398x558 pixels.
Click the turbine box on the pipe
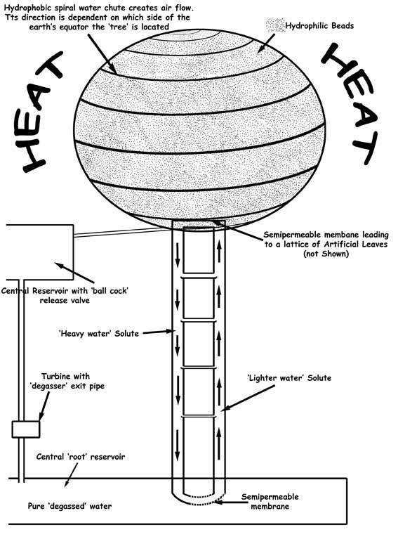pyautogui.click(x=25, y=429)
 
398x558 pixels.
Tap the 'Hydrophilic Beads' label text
pyautogui.click(x=319, y=25)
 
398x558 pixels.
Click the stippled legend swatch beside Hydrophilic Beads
pyautogui.click(x=275, y=25)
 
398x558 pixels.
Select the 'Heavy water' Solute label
pyautogui.click(x=99, y=333)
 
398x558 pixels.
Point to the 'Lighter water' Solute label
pyautogui.click(x=289, y=378)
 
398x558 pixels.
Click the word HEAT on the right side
pyautogui.click(x=351, y=103)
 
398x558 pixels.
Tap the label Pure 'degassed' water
pyautogui.click(x=69, y=506)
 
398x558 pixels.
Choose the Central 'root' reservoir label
pyautogui.click(x=81, y=457)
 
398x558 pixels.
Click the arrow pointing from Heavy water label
pyautogui.click(x=159, y=332)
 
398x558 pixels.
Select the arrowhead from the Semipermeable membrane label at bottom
pyautogui.click(x=218, y=502)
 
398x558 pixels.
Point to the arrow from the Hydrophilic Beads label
pyautogui.click(x=266, y=43)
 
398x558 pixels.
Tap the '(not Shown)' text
pyautogui.click(x=326, y=254)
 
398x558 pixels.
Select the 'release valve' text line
pyautogui.click(x=65, y=300)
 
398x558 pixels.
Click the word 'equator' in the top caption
pyautogui.click(x=69, y=27)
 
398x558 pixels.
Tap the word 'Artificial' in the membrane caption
pyautogui.click(x=341, y=244)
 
